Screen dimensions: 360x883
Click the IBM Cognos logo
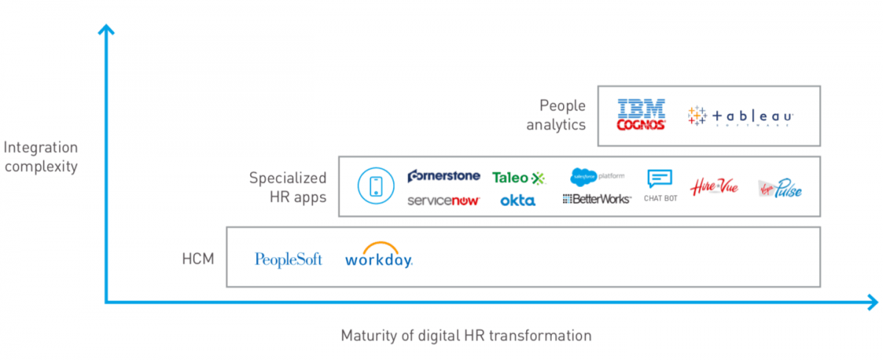tap(641, 115)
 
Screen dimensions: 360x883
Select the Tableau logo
tap(740, 116)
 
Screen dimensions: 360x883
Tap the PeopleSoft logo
tap(288, 259)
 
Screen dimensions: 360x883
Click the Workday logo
tap(379, 256)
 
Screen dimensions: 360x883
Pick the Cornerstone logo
tap(444, 176)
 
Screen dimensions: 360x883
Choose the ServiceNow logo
tap(444, 200)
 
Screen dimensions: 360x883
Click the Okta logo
tap(518, 200)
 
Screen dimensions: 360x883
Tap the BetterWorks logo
tap(597, 199)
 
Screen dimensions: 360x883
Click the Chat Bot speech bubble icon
tap(660, 179)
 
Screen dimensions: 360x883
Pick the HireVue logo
tap(713, 188)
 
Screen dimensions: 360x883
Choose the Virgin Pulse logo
tap(780, 189)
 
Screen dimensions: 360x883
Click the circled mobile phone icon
tap(375, 186)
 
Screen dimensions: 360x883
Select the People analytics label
tap(556, 115)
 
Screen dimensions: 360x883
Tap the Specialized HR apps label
tap(287, 187)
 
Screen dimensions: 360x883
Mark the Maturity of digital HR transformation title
tap(466, 336)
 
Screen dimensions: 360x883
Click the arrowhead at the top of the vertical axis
tap(107, 29)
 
